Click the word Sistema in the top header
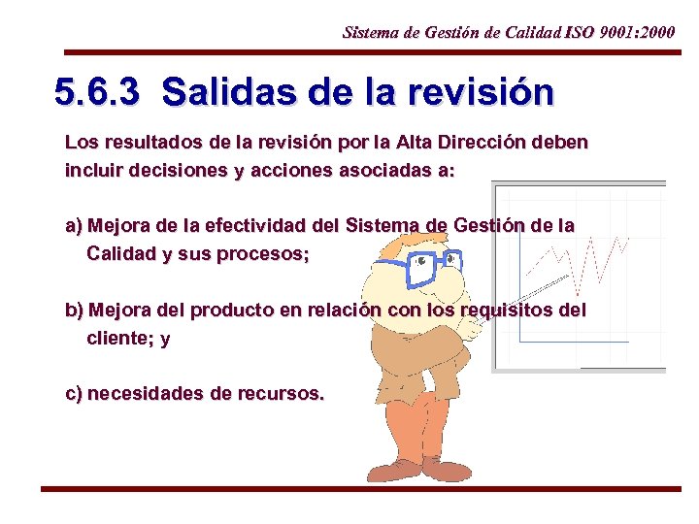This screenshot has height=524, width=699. click(369, 32)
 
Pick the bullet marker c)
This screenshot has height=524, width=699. click(73, 394)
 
